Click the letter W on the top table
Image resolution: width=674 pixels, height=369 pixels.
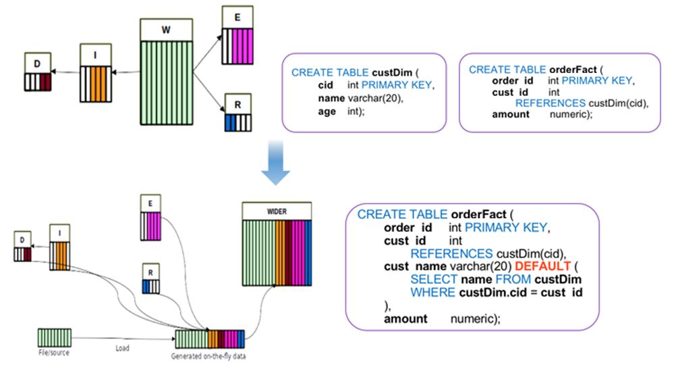pos(166,30)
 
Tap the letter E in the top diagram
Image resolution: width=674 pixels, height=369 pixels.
pos(237,18)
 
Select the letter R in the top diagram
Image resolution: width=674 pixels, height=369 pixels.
pos(237,105)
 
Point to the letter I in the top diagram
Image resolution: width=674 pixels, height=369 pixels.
pos(95,55)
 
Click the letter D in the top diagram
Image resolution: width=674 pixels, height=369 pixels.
pos(37,64)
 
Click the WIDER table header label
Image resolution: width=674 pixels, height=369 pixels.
pos(277,212)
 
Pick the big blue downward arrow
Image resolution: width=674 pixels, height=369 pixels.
pos(275,163)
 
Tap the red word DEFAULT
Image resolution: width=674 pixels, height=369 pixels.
pos(542,266)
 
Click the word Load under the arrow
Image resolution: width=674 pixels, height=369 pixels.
pos(122,348)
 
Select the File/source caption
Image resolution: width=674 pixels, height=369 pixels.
pos(54,353)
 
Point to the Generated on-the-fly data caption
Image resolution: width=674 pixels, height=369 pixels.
pos(208,356)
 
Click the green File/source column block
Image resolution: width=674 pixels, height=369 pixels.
pos(55,337)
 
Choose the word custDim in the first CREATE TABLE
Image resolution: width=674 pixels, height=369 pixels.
pos(392,72)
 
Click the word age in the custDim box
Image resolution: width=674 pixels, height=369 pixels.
pos(327,112)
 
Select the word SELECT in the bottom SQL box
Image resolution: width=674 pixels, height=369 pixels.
pos(434,279)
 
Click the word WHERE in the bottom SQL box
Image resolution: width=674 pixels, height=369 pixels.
pos(433,293)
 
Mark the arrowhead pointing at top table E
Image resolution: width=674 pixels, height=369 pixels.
pos(220,37)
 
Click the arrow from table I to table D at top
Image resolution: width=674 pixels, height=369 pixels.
pos(65,72)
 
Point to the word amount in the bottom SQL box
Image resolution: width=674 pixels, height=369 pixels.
pos(405,318)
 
